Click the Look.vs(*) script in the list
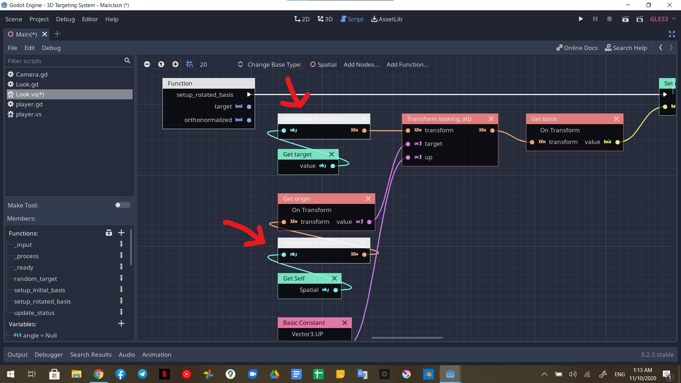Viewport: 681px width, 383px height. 30,94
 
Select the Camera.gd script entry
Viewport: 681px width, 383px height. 31,74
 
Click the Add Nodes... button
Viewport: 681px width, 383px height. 361,65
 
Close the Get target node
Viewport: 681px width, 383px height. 332,154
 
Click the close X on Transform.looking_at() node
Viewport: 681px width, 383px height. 491,119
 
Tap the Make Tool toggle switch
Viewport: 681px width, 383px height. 123,205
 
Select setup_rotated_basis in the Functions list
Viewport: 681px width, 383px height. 43,301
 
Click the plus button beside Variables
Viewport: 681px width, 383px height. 121,324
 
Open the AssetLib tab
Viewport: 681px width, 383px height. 387,19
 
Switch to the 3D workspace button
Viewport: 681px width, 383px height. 325,19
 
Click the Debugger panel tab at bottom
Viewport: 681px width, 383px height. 49,355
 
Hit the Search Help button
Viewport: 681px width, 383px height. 626,48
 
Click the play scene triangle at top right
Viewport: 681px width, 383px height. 581,19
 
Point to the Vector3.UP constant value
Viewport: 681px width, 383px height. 307,334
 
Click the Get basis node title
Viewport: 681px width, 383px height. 544,119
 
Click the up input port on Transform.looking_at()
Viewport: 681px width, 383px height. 408,157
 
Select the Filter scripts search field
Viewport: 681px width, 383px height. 64,61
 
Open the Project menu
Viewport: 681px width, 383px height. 39,19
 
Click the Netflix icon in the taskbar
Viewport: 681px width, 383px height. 164,374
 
